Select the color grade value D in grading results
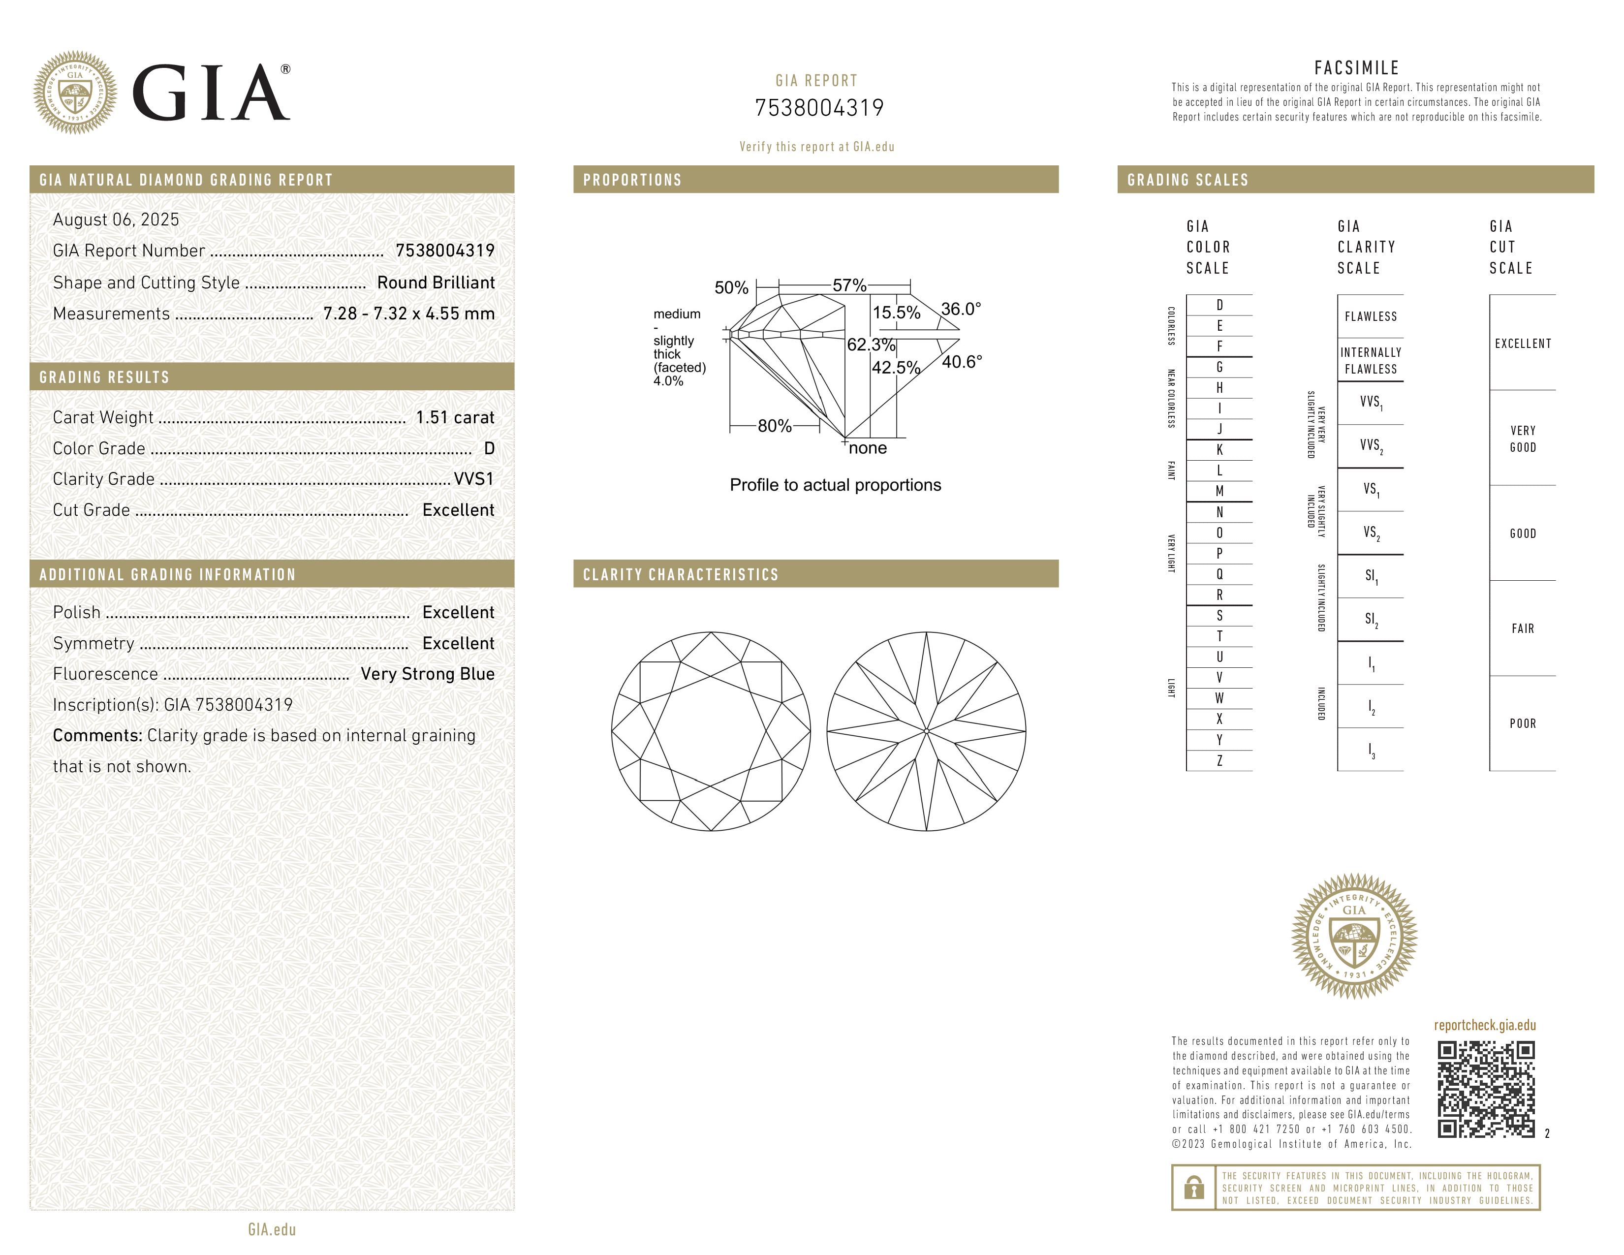point(489,448)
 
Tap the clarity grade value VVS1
point(473,479)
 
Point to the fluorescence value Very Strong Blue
point(428,674)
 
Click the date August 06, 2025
point(116,220)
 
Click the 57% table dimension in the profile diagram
point(849,285)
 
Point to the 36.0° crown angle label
point(961,309)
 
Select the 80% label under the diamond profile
point(774,426)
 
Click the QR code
point(1486,1089)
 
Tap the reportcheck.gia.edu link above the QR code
point(1485,1025)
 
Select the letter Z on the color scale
point(1219,760)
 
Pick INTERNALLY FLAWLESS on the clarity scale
point(1371,361)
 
